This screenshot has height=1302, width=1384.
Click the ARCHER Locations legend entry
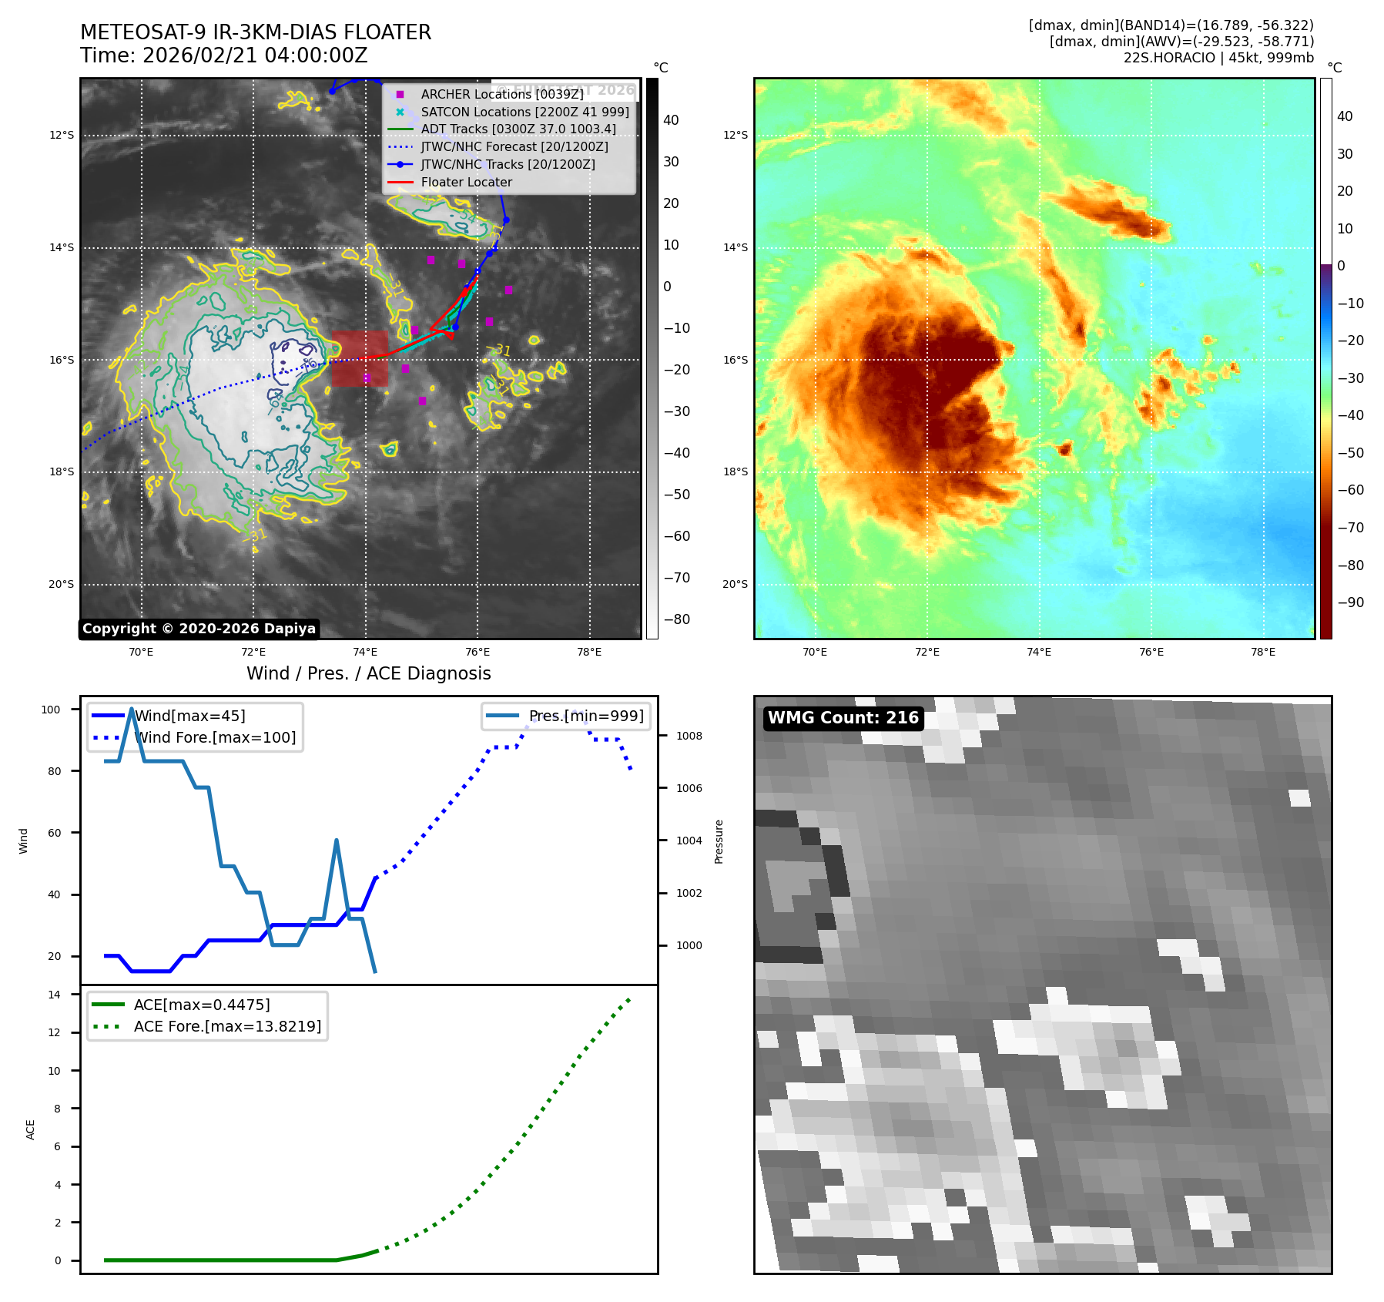(501, 94)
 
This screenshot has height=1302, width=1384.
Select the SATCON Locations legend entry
(524, 112)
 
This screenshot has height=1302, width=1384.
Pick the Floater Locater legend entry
(466, 183)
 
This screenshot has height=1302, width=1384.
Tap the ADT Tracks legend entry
(518, 129)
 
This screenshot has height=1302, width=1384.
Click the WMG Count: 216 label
(843, 718)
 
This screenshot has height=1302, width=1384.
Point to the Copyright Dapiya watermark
(199, 629)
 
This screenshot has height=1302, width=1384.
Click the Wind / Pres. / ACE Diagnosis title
(368, 673)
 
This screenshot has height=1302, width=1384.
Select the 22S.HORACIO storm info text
(1218, 58)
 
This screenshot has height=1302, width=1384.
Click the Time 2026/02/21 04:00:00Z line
(223, 55)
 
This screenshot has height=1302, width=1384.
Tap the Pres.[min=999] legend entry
(585, 716)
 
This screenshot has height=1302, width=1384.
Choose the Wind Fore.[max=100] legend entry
(215, 737)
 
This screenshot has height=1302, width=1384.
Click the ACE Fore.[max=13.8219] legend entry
(227, 1026)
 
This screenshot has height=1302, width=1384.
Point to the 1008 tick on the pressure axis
(689, 736)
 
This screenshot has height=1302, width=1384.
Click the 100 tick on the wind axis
(51, 710)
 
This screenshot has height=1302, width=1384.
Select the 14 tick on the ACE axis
(55, 995)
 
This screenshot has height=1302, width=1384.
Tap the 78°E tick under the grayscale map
(589, 652)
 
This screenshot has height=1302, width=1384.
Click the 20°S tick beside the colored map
(735, 584)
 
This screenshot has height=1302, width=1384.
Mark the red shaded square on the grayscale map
(360, 358)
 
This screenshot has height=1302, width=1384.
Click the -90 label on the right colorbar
(1350, 602)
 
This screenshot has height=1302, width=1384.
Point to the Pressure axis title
(719, 841)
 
